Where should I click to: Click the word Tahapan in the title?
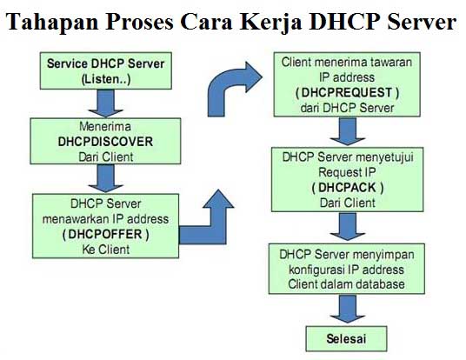coord(52,22)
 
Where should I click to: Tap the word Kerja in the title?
coord(271,23)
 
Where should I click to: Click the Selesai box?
coord(346,338)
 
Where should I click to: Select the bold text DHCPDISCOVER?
coord(105,142)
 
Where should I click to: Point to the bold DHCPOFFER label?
coord(105,234)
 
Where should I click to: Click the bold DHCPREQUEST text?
coord(347,92)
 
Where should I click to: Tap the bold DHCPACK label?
coord(348,188)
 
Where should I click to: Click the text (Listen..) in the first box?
coord(106,79)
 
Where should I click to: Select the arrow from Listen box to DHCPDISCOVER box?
coord(106,103)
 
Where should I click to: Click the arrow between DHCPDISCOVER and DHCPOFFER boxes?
coord(106,178)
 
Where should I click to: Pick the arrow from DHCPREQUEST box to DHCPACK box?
coord(348,131)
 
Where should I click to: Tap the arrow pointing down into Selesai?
coord(348,309)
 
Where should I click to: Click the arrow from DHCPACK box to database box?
coord(348,226)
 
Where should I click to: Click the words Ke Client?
coord(106,250)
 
